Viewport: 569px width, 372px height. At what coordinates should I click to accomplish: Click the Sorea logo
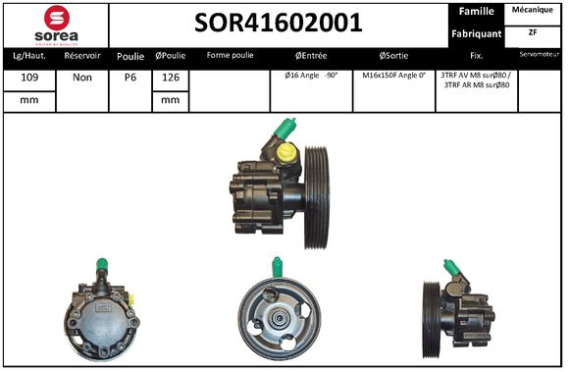coord(55,24)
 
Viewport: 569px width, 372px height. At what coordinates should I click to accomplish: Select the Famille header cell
coord(476,12)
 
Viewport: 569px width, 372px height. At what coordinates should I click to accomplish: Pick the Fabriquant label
coord(476,33)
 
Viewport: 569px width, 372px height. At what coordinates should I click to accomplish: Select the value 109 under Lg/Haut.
coord(28,76)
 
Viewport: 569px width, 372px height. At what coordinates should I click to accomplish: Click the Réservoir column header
coord(81,56)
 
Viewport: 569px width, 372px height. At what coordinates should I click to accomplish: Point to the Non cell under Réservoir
coord(81,76)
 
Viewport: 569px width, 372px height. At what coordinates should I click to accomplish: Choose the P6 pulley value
coord(129,76)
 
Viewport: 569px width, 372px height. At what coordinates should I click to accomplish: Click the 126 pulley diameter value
coord(169,76)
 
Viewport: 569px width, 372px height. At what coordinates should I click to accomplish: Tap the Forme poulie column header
coord(229,56)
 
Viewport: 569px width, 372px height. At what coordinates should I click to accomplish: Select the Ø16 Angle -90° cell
coord(311,76)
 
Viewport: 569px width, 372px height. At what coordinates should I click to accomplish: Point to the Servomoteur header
coord(542,55)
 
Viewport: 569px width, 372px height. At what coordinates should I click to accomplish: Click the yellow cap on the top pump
coord(286,154)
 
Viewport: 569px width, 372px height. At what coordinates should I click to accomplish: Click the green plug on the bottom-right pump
coord(451,268)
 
